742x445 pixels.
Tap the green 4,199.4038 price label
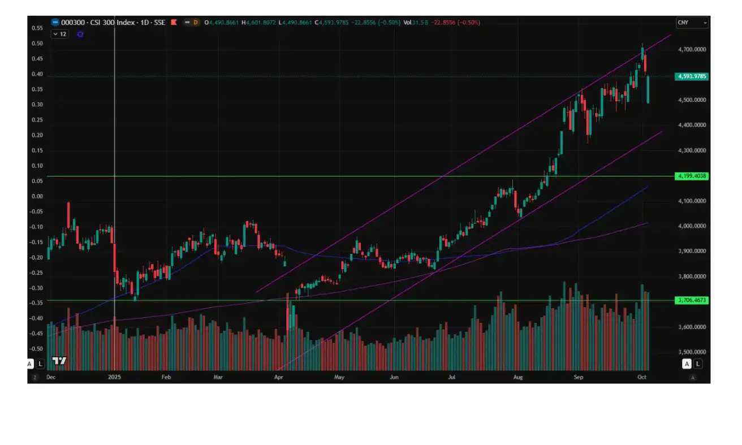(x=692, y=176)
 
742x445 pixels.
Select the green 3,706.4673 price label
(x=692, y=300)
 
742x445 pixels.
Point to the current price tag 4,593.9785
(x=692, y=76)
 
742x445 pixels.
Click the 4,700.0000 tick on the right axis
(x=692, y=50)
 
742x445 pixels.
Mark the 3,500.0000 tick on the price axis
(x=692, y=352)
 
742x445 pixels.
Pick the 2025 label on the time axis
(x=115, y=376)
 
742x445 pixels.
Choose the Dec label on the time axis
(x=50, y=376)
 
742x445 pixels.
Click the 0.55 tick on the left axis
(x=37, y=28)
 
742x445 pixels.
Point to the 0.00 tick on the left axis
(x=37, y=196)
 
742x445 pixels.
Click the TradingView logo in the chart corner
(x=59, y=361)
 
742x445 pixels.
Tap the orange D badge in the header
(x=196, y=23)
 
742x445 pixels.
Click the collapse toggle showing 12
(x=58, y=34)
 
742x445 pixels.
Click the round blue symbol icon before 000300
(x=55, y=23)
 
